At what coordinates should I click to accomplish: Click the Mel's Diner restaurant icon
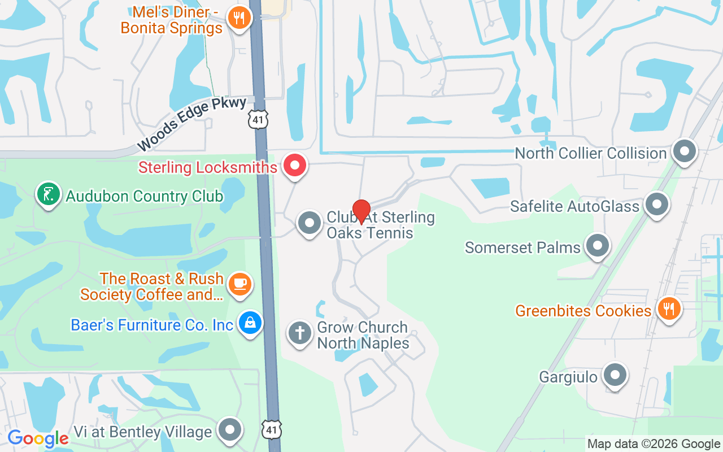point(239,18)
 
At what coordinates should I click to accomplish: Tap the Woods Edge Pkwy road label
point(191,124)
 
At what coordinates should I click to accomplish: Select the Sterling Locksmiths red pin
point(294,166)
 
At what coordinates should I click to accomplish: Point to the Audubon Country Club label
point(145,197)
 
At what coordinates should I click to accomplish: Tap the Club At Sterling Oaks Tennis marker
point(309,224)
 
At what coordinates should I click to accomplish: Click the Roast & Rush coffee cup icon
point(241,283)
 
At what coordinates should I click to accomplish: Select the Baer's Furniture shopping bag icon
point(249,324)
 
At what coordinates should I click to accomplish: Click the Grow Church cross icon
point(300,333)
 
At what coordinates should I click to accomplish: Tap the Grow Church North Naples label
point(363,335)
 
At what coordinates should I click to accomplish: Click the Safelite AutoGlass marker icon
point(657,205)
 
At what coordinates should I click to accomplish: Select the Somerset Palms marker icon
point(598,246)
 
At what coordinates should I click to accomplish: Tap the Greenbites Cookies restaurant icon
point(669,308)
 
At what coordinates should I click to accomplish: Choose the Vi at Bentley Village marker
point(230,430)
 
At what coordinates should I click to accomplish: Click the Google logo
point(38,438)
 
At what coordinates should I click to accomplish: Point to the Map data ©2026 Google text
point(654,444)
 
